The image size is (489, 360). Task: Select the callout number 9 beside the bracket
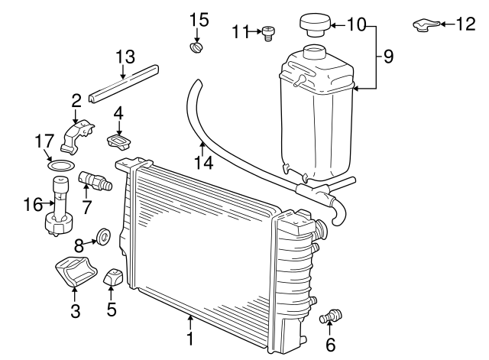pos(389,56)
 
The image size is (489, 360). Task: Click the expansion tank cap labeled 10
pos(313,24)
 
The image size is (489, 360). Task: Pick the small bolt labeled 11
pos(268,31)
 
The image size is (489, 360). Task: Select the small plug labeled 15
pos(196,49)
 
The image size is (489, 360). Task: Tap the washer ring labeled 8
pos(102,238)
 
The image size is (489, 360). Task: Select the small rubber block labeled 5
pos(115,279)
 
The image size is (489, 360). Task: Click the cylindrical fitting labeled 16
pos(60,208)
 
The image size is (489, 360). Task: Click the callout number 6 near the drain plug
pos(330,345)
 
